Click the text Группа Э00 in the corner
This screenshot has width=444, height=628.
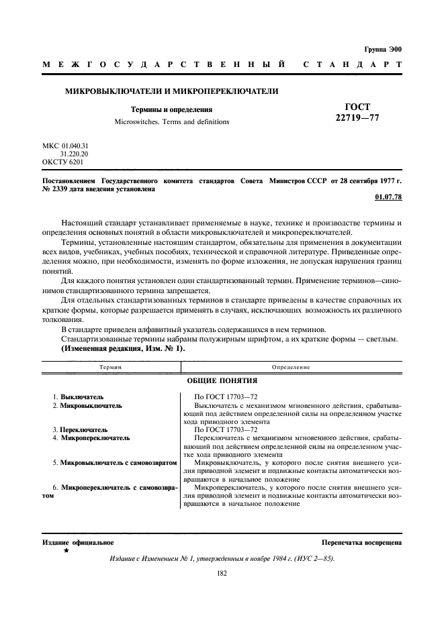coord(382,50)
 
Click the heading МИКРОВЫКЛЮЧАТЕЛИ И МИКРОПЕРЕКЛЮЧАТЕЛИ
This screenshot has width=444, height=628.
coord(171,91)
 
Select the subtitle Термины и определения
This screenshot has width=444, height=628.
coord(171,109)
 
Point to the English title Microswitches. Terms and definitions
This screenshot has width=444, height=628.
coord(171,122)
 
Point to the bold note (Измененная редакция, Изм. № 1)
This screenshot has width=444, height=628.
coord(123,350)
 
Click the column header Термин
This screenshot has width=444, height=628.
coord(110,368)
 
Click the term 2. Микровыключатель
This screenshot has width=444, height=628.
coord(87,406)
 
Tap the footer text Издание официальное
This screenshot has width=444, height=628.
coord(78,541)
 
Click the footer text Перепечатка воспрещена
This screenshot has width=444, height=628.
coord(361,541)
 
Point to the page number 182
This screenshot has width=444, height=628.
coord(222,574)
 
